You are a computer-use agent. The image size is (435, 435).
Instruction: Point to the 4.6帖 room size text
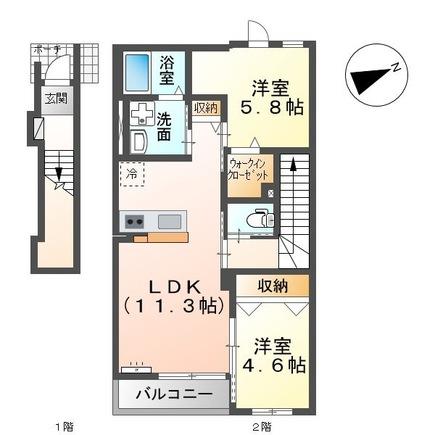point(277,365)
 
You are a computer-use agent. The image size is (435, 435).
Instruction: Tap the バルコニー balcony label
point(174,395)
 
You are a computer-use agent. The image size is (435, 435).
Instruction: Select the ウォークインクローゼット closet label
point(248,167)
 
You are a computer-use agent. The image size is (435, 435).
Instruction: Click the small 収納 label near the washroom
point(205,108)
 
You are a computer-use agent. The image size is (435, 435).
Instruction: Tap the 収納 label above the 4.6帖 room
point(272,286)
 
